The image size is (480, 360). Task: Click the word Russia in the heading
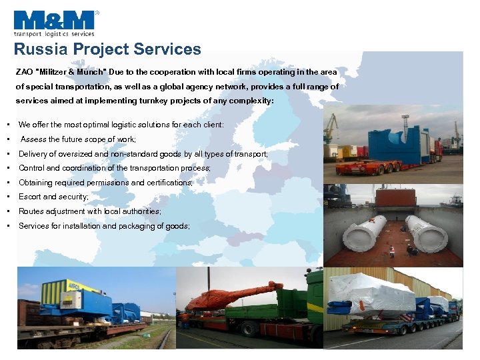tap(38, 49)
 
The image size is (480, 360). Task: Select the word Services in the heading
tap(167, 49)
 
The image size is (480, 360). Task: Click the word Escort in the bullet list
tap(30, 197)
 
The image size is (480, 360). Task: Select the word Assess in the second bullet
tap(34, 139)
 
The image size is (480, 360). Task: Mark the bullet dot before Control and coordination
tap(5, 169)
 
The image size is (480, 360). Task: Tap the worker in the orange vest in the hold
tap(391, 251)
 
